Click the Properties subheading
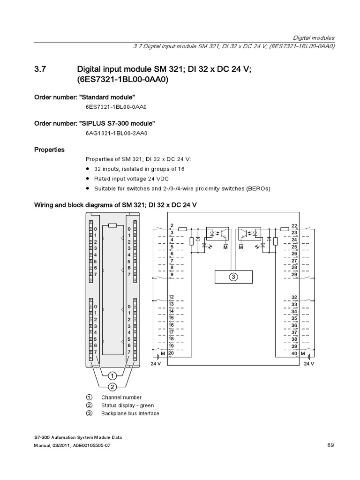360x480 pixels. (49, 150)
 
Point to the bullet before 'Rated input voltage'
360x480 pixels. (88, 179)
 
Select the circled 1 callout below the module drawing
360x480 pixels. (112, 375)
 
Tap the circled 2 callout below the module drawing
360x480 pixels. (112, 387)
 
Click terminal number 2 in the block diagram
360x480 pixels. (172, 226)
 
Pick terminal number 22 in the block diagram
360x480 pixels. (294, 226)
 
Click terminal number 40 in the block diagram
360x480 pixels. (294, 353)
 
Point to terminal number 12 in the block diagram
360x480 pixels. (172, 297)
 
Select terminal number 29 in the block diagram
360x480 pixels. (294, 274)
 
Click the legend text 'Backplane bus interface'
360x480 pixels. (130, 413)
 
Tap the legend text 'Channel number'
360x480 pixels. (121, 397)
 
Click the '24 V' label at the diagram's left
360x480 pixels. (156, 363)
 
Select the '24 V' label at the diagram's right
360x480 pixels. (309, 363)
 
